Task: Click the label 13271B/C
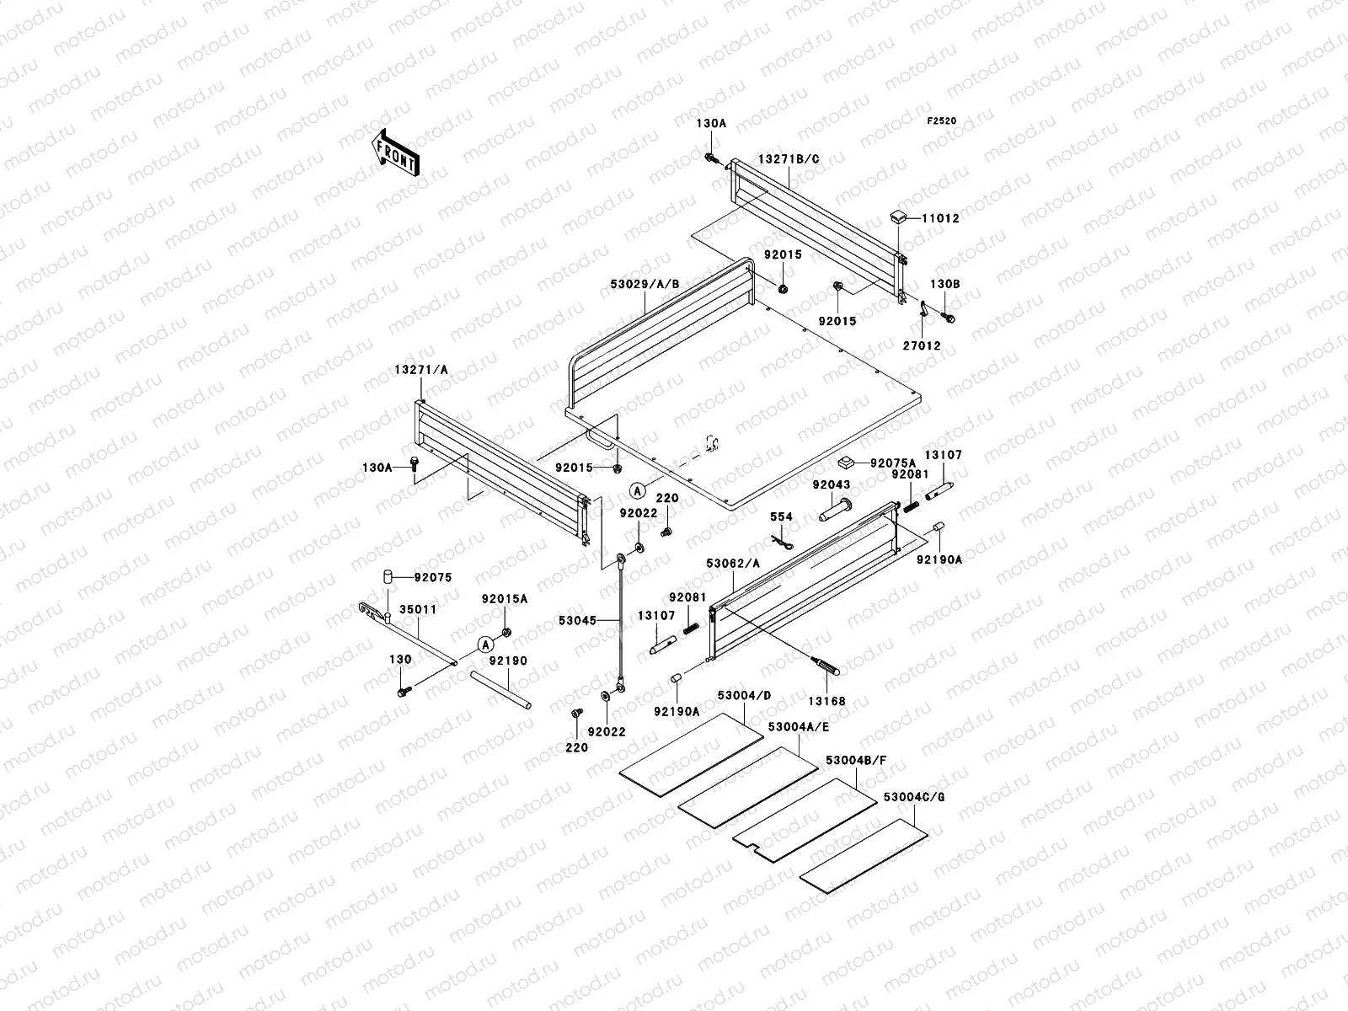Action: [x=788, y=159]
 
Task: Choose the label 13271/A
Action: [x=420, y=370]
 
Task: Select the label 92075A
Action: [x=892, y=463]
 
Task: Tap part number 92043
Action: [x=831, y=485]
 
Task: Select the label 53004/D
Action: [x=744, y=695]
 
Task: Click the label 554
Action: [x=781, y=517]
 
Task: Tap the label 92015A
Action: [x=505, y=599]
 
